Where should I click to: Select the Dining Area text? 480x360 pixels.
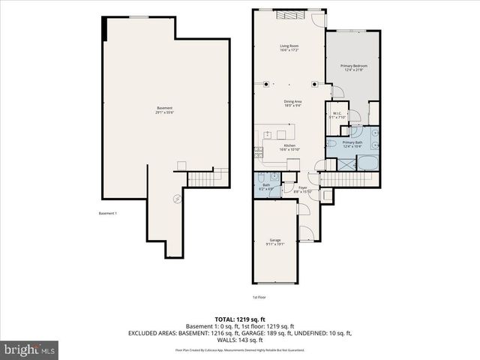292,102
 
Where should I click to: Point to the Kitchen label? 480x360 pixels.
289,145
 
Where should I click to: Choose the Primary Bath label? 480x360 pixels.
352,142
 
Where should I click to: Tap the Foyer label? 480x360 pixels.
303,187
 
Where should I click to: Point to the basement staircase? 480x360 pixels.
199,179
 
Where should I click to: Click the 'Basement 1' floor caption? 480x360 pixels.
108,214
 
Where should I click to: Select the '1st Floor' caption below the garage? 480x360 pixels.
322,297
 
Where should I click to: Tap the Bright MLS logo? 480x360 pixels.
29,349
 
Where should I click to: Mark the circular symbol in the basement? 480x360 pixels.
177,198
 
